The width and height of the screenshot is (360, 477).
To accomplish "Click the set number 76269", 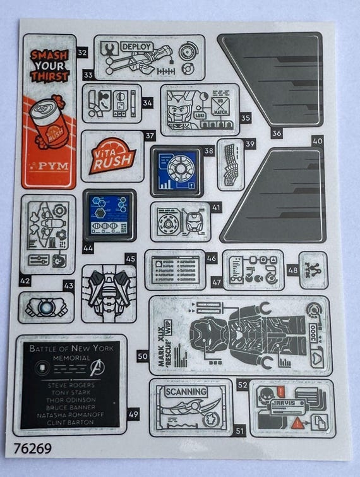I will [x=32, y=449].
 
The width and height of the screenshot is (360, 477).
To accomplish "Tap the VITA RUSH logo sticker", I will [x=111, y=155].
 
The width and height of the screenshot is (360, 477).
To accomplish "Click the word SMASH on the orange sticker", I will [x=49, y=55].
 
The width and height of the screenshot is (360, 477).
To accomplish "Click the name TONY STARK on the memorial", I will [x=70, y=392].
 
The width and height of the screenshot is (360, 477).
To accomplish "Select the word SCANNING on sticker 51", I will [x=185, y=392].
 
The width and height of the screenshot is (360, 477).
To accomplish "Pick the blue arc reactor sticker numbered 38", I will [x=176, y=171].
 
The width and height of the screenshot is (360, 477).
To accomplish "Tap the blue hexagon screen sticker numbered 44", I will [x=109, y=214].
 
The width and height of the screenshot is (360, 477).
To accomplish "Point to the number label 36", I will [x=277, y=133].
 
